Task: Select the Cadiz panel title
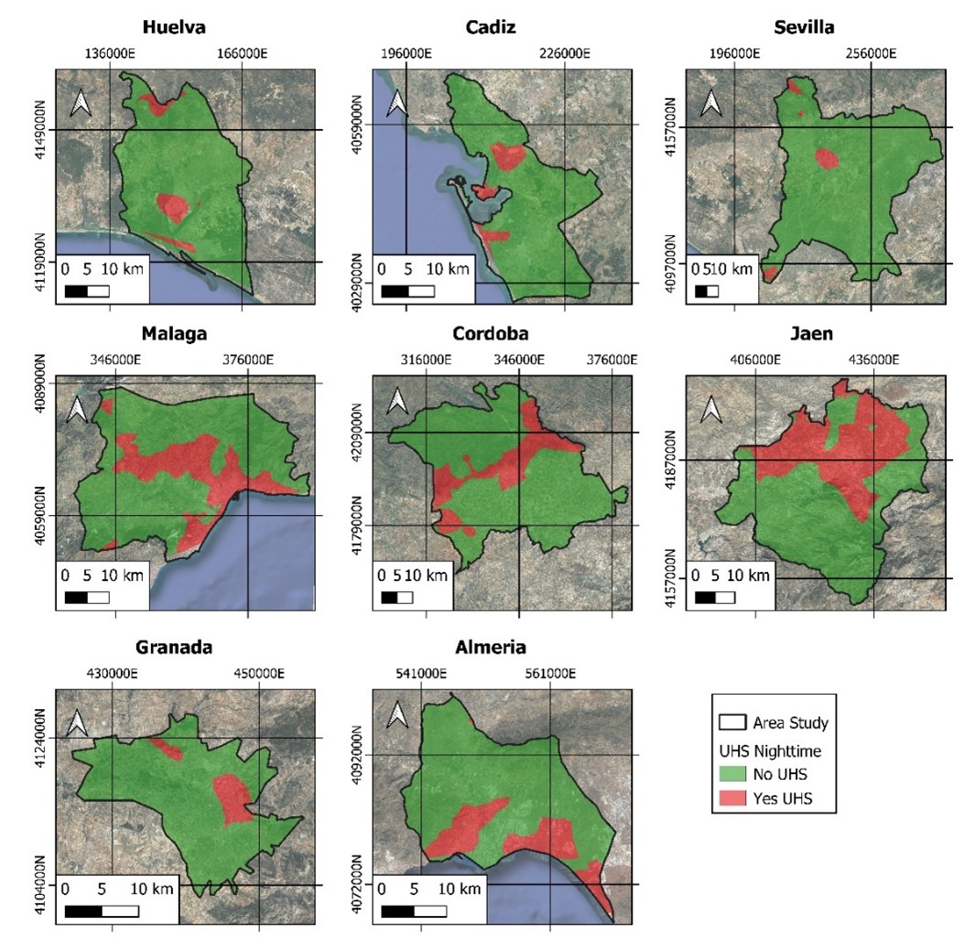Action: coord(490,27)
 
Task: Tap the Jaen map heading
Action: coord(812,333)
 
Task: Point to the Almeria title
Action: coord(491,648)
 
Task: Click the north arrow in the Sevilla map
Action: coord(710,102)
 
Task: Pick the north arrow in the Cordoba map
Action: coord(396,402)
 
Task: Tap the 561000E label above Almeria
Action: coord(549,674)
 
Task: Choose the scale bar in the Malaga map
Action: coord(87,598)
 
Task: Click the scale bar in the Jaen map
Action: coord(715,598)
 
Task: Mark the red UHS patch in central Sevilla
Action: coord(827,158)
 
